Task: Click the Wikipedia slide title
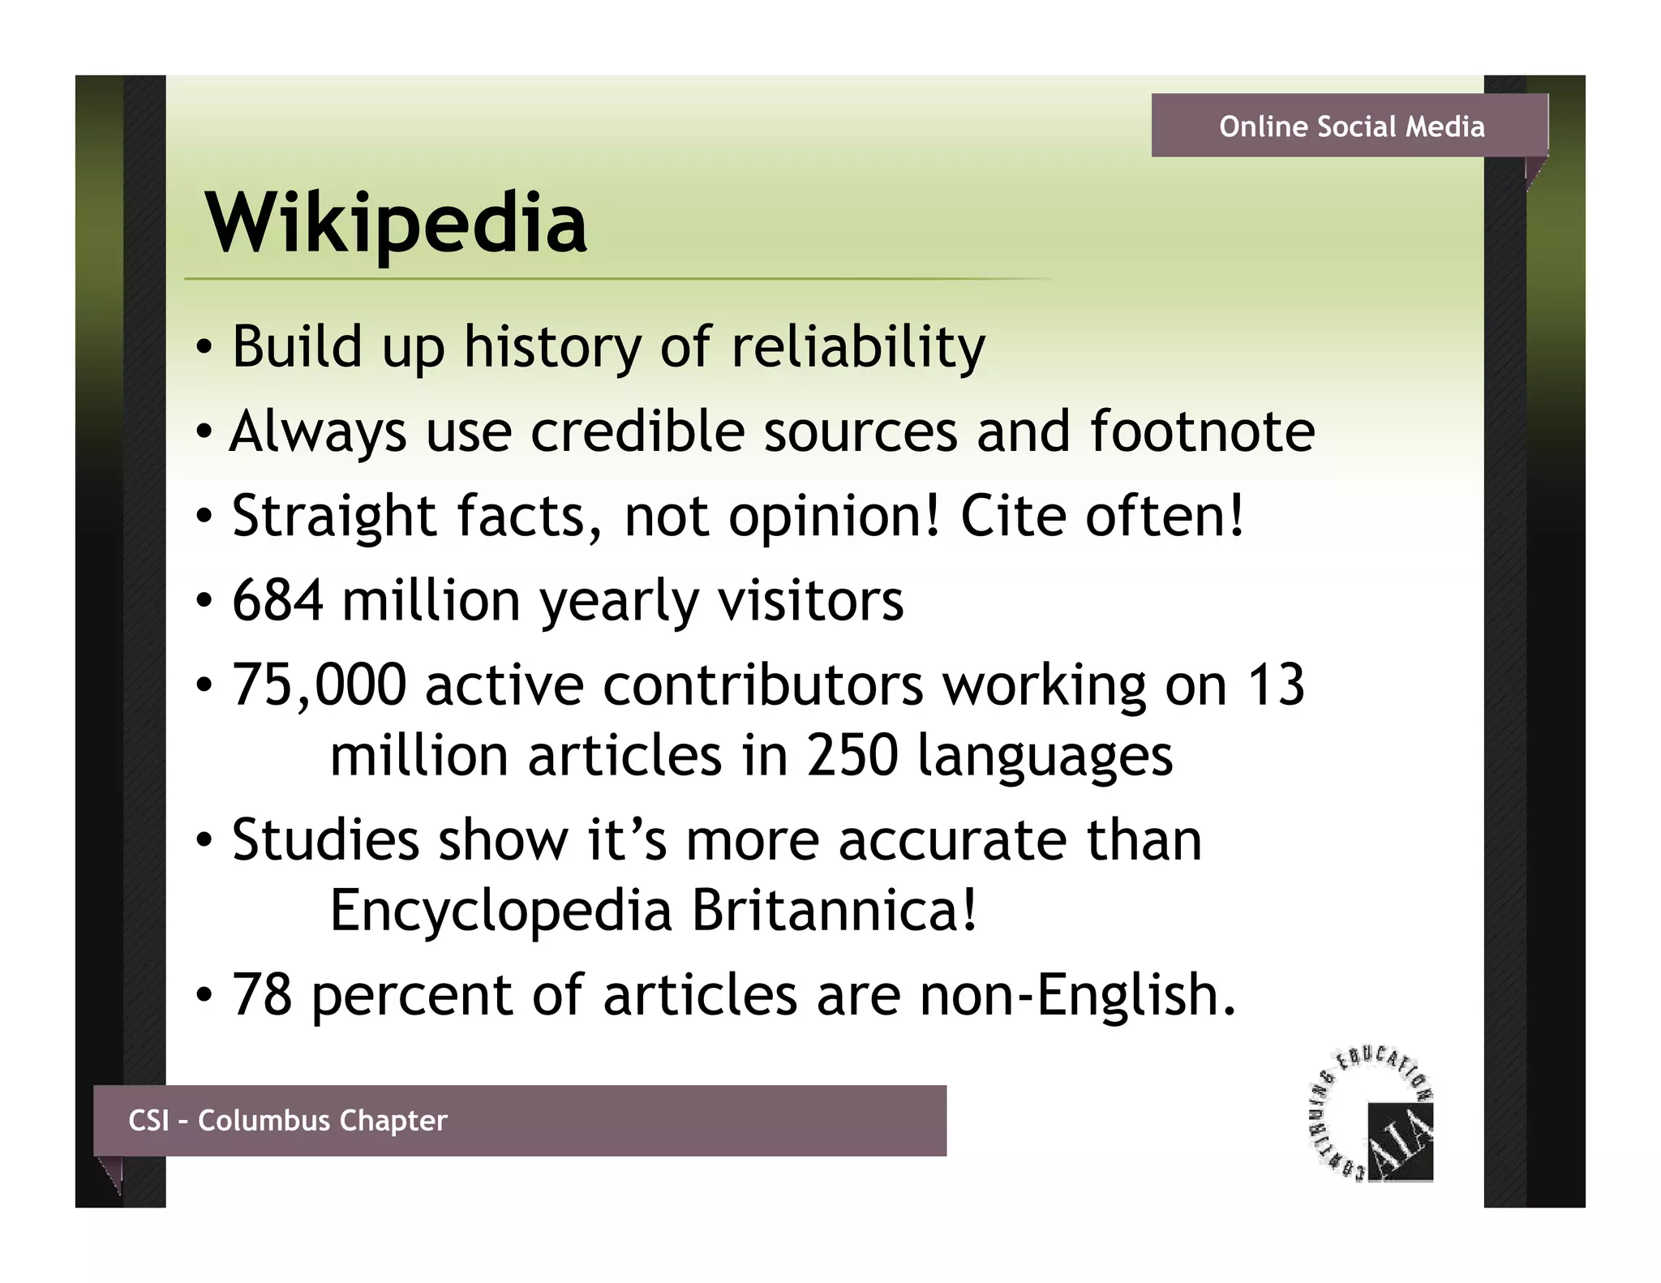[x=397, y=223]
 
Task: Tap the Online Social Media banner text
[x=1352, y=127]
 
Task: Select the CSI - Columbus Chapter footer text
[x=288, y=1120]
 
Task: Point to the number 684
[x=277, y=600]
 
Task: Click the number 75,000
[x=319, y=685]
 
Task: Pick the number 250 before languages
[x=852, y=756]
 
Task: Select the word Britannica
[x=835, y=911]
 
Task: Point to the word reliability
[x=858, y=347]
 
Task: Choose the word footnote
[x=1202, y=431]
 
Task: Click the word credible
[x=637, y=431]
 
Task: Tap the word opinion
[x=834, y=517]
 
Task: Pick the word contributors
[x=762, y=685]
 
